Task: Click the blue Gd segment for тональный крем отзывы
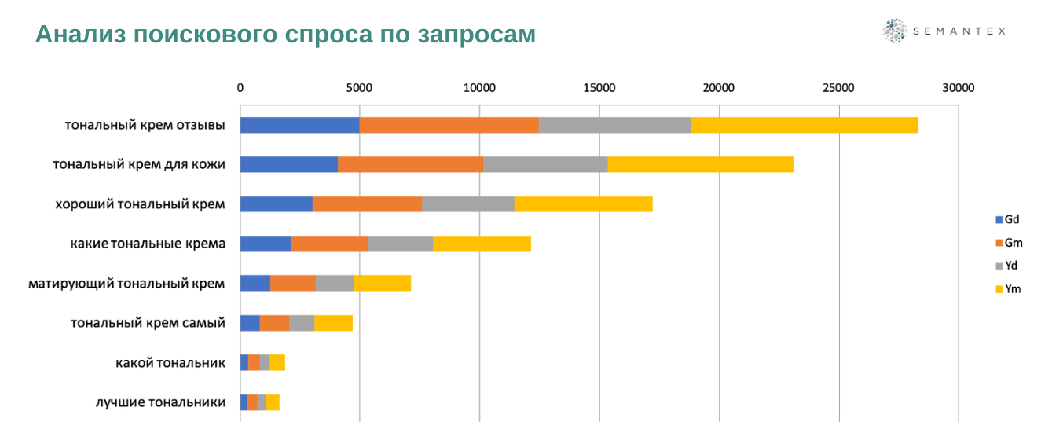pyautogui.click(x=299, y=125)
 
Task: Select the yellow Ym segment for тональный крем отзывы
pyautogui.click(x=804, y=125)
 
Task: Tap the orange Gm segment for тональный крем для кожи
pyautogui.click(x=410, y=164)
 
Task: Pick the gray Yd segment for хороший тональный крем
pyautogui.click(x=467, y=204)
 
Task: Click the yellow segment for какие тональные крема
pyautogui.click(x=482, y=244)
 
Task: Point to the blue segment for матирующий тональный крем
pyautogui.click(x=255, y=283)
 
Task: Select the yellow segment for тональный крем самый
pyautogui.click(x=333, y=323)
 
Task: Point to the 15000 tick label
pyautogui.click(x=599, y=88)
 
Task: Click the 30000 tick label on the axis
pyautogui.click(x=958, y=88)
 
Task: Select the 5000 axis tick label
pyautogui.click(x=359, y=88)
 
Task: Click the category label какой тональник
pyautogui.click(x=170, y=362)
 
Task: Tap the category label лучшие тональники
pyautogui.click(x=160, y=402)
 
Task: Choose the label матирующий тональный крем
pyautogui.click(x=126, y=283)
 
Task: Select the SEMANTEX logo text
pyautogui.click(x=959, y=31)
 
